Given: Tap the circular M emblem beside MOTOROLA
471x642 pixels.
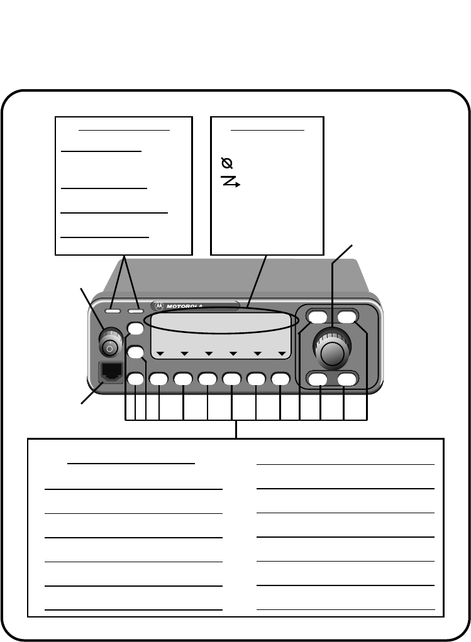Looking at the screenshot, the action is click(x=158, y=307).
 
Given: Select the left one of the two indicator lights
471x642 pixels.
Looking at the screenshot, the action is click(x=114, y=310).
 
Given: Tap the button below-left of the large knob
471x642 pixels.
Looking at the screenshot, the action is click(x=319, y=379).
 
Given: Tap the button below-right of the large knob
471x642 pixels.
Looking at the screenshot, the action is click(x=346, y=379).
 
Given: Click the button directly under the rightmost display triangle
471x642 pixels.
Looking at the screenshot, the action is click(x=280, y=378).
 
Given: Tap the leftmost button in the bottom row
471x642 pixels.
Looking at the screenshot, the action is click(x=135, y=378).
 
